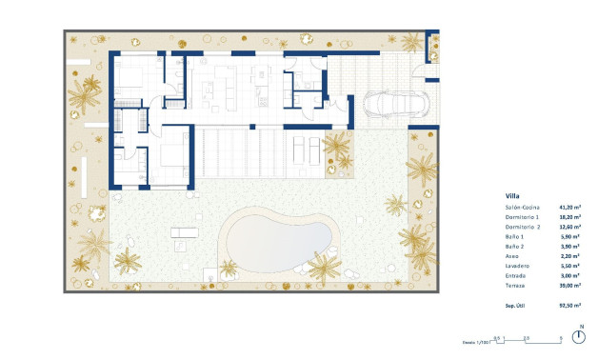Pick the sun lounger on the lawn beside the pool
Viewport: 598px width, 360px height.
pos(184,232)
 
